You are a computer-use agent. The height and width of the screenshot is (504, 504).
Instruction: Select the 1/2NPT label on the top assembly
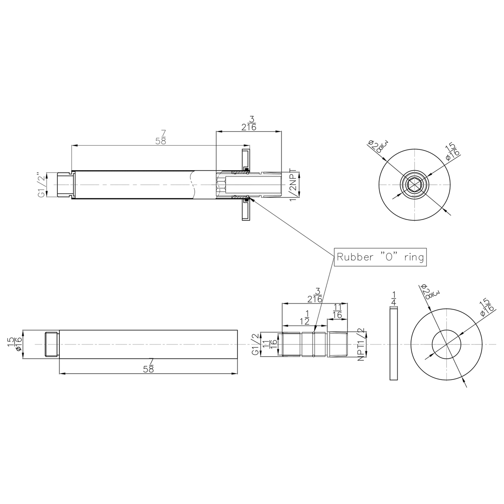(293, 185)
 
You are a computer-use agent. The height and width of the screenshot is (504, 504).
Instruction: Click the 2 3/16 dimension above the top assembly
(249, 124)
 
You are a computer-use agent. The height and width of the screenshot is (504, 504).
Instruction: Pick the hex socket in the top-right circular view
(414, 184)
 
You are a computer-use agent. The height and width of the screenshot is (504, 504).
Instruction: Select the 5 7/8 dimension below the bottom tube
(149, 366)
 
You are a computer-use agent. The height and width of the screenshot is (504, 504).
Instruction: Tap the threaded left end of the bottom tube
(51, 344)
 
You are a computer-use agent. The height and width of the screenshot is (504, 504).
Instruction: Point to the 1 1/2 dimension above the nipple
(305, 318)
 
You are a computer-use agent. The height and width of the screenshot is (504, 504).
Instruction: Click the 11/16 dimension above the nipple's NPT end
(337, 311)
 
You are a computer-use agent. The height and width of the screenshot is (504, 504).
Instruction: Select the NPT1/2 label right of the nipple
(361, 344)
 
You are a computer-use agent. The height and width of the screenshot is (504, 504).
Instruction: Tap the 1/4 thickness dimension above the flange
(394, 298)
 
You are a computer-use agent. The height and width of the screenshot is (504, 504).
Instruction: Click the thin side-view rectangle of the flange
(394, 344)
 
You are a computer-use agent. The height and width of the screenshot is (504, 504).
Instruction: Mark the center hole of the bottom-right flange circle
(446, 344)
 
